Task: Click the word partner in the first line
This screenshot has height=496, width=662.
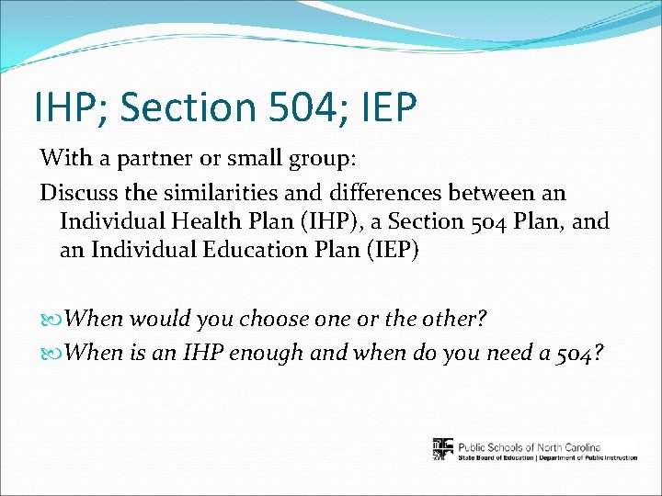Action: pyautogui.click(x=154, y=158)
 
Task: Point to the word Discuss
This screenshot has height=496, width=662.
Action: pyautogui.click(x=76, y=193)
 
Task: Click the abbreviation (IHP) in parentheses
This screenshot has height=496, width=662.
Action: pyautogui.click(x=339, y=222)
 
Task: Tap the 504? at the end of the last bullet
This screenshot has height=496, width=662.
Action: pyautogui.click(x=579, y=353)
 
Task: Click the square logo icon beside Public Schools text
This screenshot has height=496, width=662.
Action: pyautogui.click(x=443, y=448)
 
